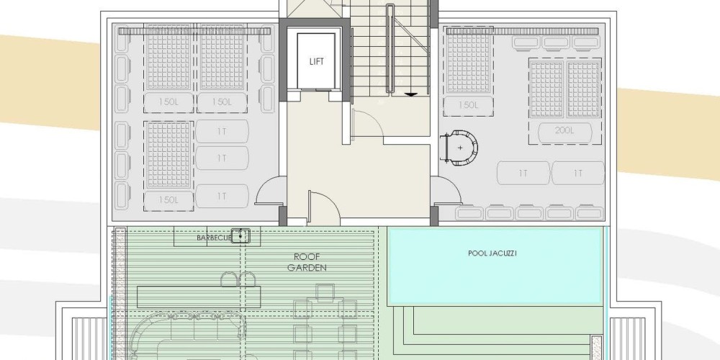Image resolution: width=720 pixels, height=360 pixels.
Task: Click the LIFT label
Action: pyautogui.click(x=316, y=61)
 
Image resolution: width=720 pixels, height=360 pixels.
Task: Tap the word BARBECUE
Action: pyautogui.click(x=215, y=238)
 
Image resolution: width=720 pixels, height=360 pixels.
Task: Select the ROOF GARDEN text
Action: pyautogui.click(x=307, y=262)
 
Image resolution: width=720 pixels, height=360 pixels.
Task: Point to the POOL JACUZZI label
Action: pyautogui.click(x=492, y=253)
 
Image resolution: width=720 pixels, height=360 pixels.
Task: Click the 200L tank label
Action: pyautogui.click(x=564, y=130)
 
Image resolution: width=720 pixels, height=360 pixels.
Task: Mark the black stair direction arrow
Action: pyautogui.click(x=410, y=94)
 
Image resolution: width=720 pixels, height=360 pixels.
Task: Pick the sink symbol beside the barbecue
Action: pyautogui.click(x=240, y=235)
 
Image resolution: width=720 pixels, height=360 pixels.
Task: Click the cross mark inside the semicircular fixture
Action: pyautogui.click(x=461, y=148)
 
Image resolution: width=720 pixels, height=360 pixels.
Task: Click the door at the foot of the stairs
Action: pyautogui.click(x=367, y=122)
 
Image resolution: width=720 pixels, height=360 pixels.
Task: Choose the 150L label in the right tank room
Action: pyautogui.click(x=468, y=105)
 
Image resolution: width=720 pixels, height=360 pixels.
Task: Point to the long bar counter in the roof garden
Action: pyautogui.click(x=199, y=297)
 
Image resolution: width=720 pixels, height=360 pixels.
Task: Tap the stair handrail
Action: pyautogui.click(x=390, y=50)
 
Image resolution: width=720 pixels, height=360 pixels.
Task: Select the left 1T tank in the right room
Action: pyautogui.click(x=523, y=173)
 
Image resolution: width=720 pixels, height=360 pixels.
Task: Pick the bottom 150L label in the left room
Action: pyautogui.click(x=168, y=200)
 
